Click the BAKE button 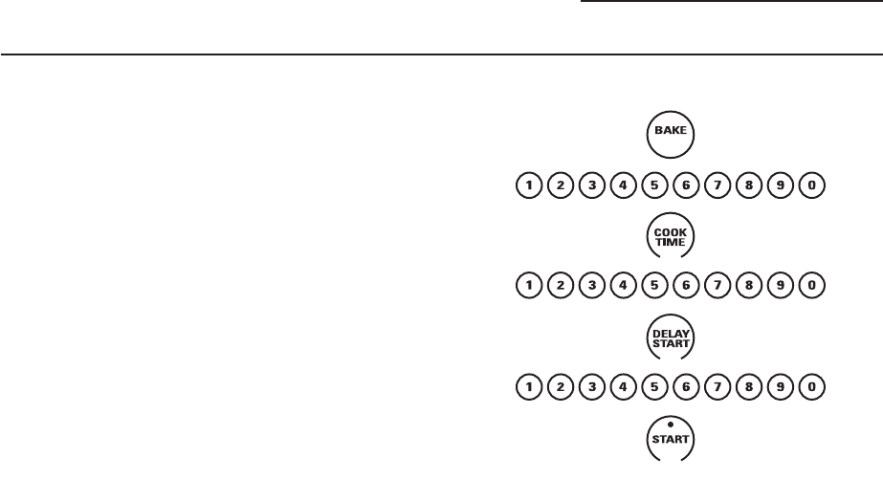point(671,135)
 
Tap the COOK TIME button point(671,237)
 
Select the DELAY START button point(671,338)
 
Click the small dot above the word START point(671,424)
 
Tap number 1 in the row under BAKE point(526,185)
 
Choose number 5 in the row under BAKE point(653,185)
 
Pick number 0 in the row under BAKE point(812,185)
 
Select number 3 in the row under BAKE point(589,185)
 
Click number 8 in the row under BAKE point(748,185)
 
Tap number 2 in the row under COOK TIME point(558,286)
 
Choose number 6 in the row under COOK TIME point(685,286)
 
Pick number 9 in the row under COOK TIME point(781,286)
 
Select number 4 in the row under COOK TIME point(622,286)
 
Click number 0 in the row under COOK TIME point(812,286)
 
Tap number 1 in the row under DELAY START point(526,388)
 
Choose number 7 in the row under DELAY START point(717,388)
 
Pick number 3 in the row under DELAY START point(589,388)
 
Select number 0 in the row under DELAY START point(812,388)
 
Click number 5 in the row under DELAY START point(653,388)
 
